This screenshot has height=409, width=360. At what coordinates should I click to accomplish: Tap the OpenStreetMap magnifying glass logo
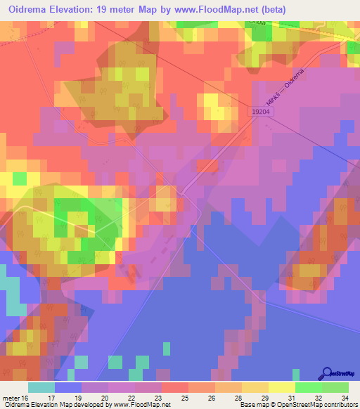[x=327, y=373]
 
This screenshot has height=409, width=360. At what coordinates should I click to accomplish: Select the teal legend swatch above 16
[x=41, y=387]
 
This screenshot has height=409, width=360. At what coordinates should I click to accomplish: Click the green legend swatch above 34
[x=335, y=387]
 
